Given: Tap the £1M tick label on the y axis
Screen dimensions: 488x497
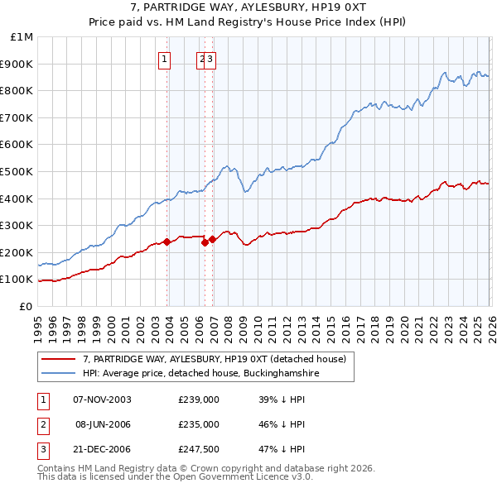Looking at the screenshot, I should tap(22, 37).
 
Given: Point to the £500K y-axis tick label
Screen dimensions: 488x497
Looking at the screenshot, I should tap(18, 171).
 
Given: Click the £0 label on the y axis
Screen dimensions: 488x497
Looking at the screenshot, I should tap(27, 306).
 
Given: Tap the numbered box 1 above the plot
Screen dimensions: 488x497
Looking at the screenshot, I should tap(166, 59).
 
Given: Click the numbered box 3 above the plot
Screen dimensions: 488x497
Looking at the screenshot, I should tap(210, 59).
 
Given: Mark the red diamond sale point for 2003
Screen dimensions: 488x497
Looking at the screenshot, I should tap(166, 242).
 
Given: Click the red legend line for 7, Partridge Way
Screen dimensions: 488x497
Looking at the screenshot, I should tap(58, 360).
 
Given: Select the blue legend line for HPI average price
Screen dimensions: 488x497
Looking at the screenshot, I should tap(58, 373).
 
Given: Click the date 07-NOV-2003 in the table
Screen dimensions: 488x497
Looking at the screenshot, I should tap(102, 399).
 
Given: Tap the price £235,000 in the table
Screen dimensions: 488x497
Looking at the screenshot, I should tap(199, 424).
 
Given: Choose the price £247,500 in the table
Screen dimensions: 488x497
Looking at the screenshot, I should tap(199, 450).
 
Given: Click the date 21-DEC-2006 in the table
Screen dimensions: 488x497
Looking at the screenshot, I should tap(102, 450).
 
